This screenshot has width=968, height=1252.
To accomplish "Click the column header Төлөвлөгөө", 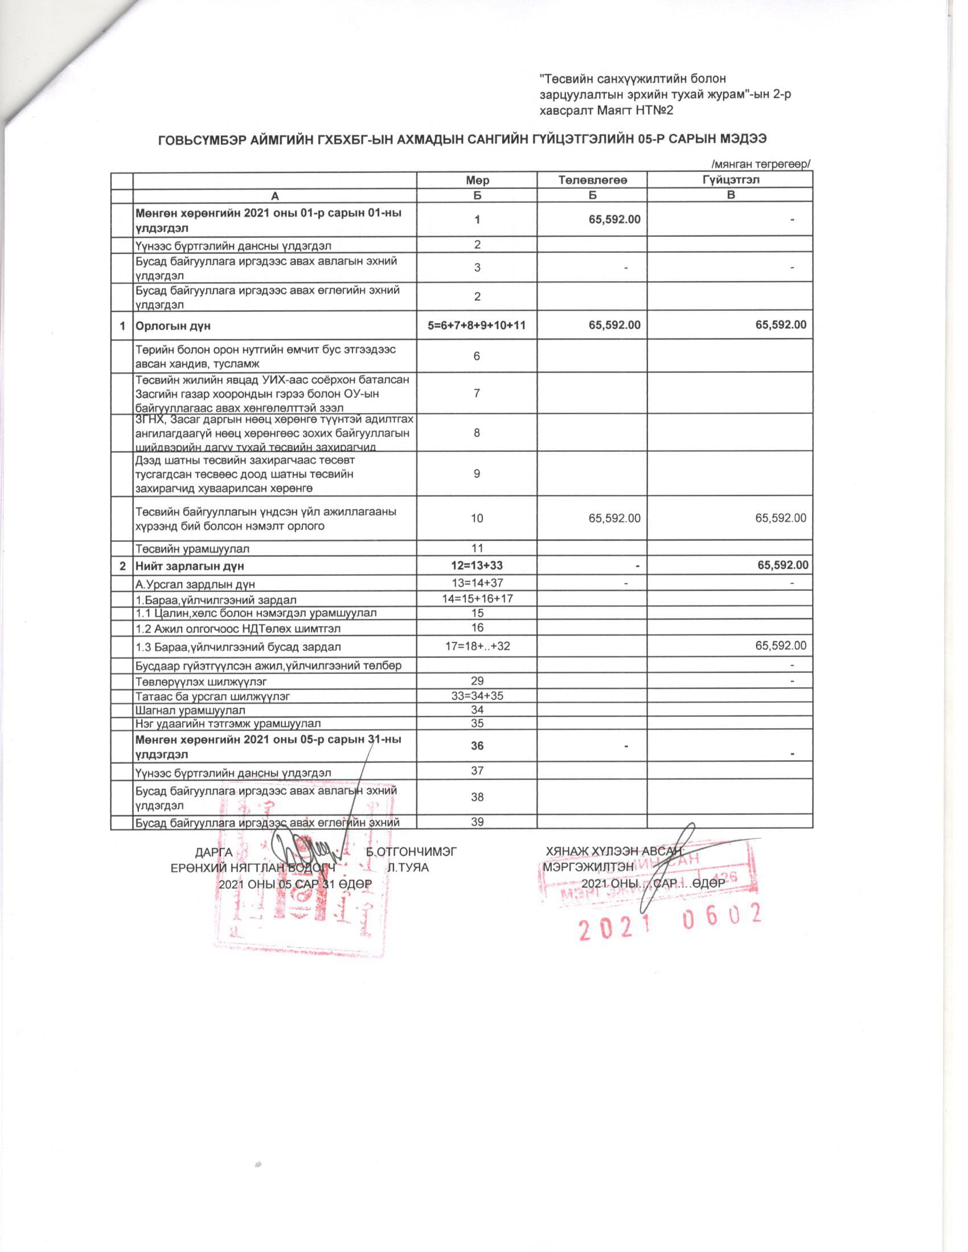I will (592, 180).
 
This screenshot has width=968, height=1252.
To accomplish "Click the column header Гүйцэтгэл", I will (731, 179).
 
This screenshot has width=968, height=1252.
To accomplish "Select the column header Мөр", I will (477, 180).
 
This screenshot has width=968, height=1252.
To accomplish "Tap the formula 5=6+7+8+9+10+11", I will (477, 326).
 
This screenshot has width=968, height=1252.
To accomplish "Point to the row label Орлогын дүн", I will (173, 326).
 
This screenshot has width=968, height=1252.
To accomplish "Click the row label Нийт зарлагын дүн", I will (190, 566).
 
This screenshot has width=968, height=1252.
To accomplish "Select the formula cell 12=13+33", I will (477, 565).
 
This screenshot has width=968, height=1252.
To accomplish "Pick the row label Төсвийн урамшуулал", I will (192, 549).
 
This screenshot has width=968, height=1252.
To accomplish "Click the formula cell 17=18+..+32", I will (477, 646).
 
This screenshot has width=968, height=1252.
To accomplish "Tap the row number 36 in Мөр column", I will (477, 746).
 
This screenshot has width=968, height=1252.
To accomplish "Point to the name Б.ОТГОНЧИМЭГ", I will (411, 851).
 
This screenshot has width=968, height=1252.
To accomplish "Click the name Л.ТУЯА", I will (408, 867).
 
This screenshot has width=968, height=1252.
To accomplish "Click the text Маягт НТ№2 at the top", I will (635, 110).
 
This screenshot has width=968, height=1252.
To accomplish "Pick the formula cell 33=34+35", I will (477, 696).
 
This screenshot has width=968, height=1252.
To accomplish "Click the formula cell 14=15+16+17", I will (477, 599).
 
